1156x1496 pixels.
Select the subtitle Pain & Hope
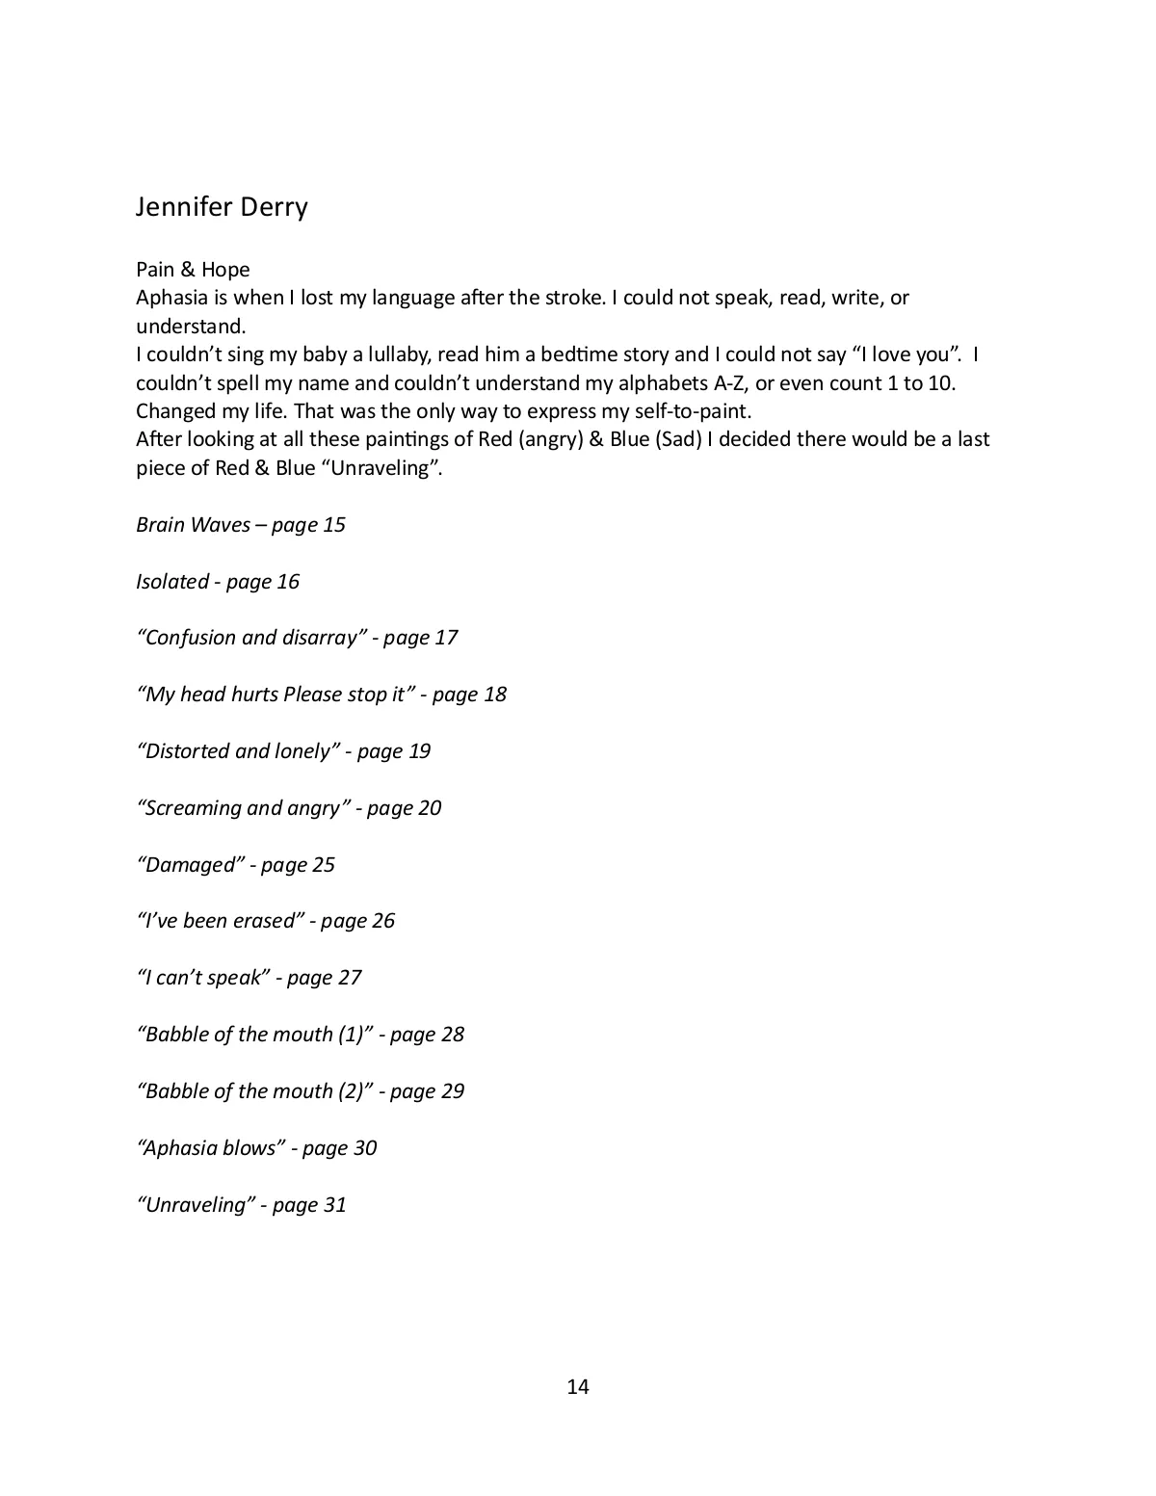(193, 270)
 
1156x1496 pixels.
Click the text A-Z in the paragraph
(730, 382)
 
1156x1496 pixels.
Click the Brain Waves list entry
(193, 525)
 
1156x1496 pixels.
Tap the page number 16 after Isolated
(288, 582)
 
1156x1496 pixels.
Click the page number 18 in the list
(494, 695)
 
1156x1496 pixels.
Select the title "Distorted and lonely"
(239, 751)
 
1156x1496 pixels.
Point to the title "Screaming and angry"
(244, 808)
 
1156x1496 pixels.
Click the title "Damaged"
(191, 865)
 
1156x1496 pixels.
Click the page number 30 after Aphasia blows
(364, 1148)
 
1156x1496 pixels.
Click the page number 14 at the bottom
(578, 1387)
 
